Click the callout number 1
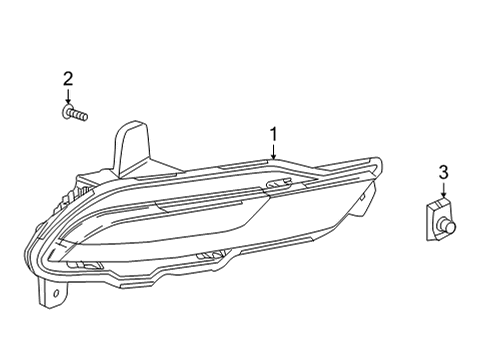click(272, 134)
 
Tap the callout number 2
click(68, 78)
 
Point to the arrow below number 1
click(272, 152)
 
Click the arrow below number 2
click(68, 100)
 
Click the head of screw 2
click(65, 114)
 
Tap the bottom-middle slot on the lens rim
click(211, 257)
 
